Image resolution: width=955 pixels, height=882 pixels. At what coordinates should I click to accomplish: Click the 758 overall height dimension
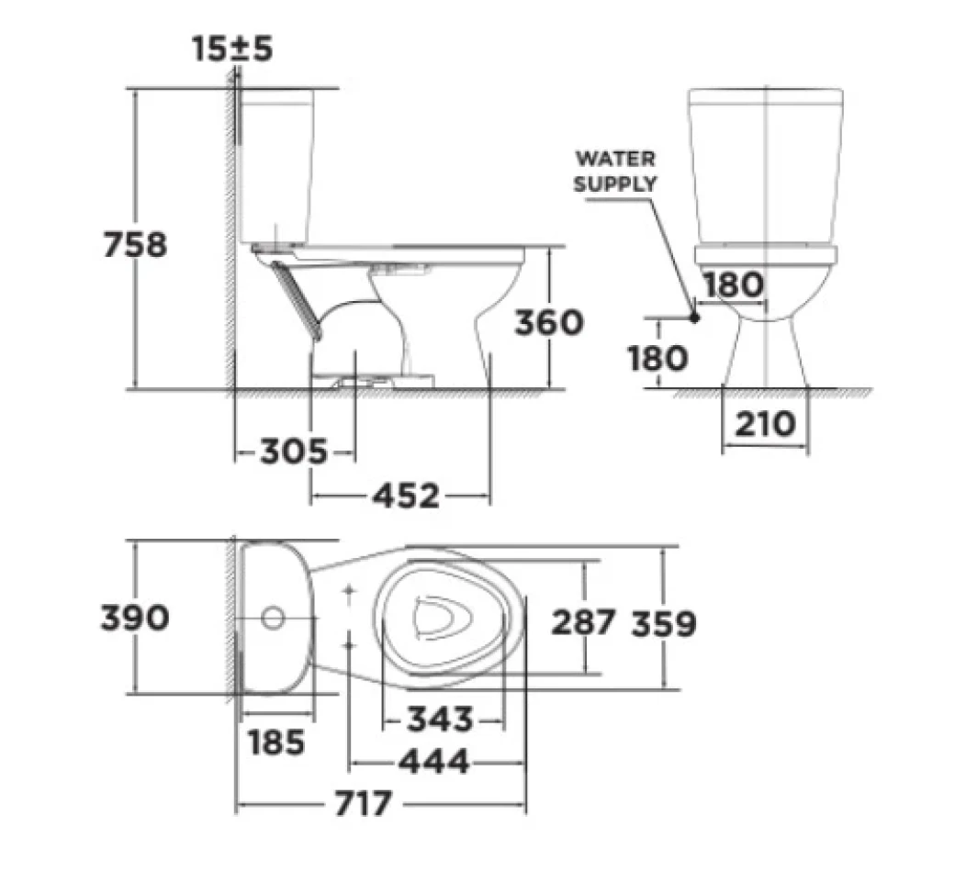point(134,245)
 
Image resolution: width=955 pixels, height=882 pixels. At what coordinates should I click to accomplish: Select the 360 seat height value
point(548,322)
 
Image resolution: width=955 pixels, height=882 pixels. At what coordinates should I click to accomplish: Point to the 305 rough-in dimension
point(293,452)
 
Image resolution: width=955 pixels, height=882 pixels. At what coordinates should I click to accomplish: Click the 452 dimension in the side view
point(405,497)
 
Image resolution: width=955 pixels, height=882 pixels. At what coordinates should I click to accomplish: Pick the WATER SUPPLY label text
point(615,171)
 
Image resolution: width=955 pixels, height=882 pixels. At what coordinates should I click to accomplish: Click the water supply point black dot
point(694,318)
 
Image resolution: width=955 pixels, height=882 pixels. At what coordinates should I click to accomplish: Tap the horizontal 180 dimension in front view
point(733,285)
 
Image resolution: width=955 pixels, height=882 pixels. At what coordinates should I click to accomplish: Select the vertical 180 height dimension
point(657,357)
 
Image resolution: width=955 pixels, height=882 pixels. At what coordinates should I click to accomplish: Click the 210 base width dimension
point(765,424)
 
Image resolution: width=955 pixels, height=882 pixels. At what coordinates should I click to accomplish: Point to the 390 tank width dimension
point(134,618)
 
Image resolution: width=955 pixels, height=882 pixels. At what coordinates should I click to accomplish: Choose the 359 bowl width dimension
point(663,623)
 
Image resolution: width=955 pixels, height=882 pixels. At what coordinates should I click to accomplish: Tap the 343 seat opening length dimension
point(440,719)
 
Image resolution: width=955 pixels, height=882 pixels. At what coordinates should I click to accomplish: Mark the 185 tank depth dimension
point(276,741)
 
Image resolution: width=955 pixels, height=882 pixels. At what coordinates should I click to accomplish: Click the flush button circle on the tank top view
point(272,618)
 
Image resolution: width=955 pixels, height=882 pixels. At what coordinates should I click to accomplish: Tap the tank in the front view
point(766,165)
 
